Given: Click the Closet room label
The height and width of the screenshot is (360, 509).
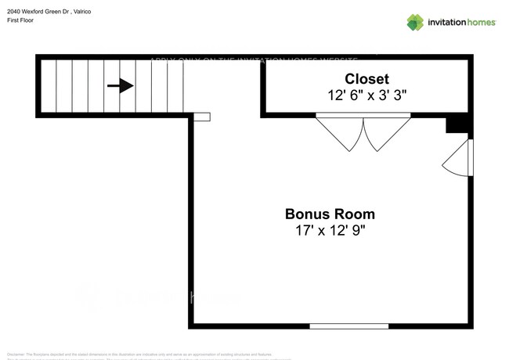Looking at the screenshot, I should pos(366,78).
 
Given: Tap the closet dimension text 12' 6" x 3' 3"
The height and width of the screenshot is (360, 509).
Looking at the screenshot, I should pos(366,95).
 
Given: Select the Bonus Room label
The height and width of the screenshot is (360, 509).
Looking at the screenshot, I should pos(329,214).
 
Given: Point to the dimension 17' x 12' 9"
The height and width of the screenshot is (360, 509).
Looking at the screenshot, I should pos(329,231).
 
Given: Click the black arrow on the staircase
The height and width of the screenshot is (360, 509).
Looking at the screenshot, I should pos(120,86).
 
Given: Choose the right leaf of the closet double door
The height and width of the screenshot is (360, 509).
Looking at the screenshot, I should pos(385,132).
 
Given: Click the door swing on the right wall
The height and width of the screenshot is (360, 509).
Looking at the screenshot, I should pos(459,160).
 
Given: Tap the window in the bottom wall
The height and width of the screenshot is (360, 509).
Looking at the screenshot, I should pos(348,326).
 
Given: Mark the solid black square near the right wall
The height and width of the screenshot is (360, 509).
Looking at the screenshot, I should pos(455,125).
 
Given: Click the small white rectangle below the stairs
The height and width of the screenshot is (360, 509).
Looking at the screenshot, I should pos(202,117).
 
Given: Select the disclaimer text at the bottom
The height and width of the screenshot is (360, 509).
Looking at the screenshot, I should pos(149,354).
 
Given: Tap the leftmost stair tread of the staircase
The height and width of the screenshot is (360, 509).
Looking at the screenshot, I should pos(49,86).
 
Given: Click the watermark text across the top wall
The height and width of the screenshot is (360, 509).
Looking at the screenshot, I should pos(254,59).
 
